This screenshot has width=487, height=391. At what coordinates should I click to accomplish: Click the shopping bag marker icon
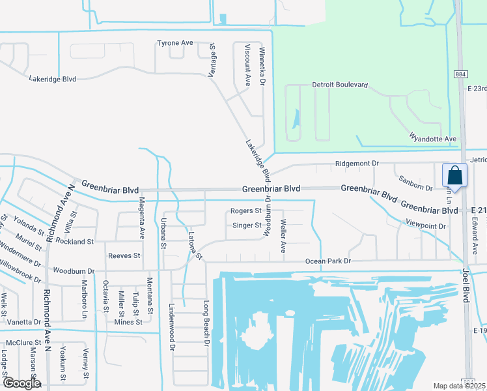[454, 176]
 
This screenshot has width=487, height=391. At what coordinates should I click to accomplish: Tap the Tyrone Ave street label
[175, 43]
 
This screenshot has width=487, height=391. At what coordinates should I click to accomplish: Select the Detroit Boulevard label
[341, 85]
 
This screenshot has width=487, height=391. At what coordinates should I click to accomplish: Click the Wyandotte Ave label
[433, 139]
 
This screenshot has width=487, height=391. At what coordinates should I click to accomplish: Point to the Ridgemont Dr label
[357, 164]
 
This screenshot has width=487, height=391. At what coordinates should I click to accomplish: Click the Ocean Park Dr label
[329, 262]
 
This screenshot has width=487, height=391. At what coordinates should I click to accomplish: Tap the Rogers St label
[246, 211]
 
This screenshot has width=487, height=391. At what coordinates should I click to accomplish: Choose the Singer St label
[247, 226]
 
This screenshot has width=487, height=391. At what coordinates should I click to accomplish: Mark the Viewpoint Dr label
[425, 226]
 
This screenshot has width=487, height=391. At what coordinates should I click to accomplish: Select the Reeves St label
[124, 256]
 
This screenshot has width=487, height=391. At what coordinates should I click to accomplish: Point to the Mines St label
[128, 322]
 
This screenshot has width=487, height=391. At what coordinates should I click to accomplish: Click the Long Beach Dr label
[206, 323]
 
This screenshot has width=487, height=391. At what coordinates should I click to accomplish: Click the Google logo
[20, 383]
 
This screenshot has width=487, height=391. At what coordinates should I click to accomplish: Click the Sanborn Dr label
[415, 188]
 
